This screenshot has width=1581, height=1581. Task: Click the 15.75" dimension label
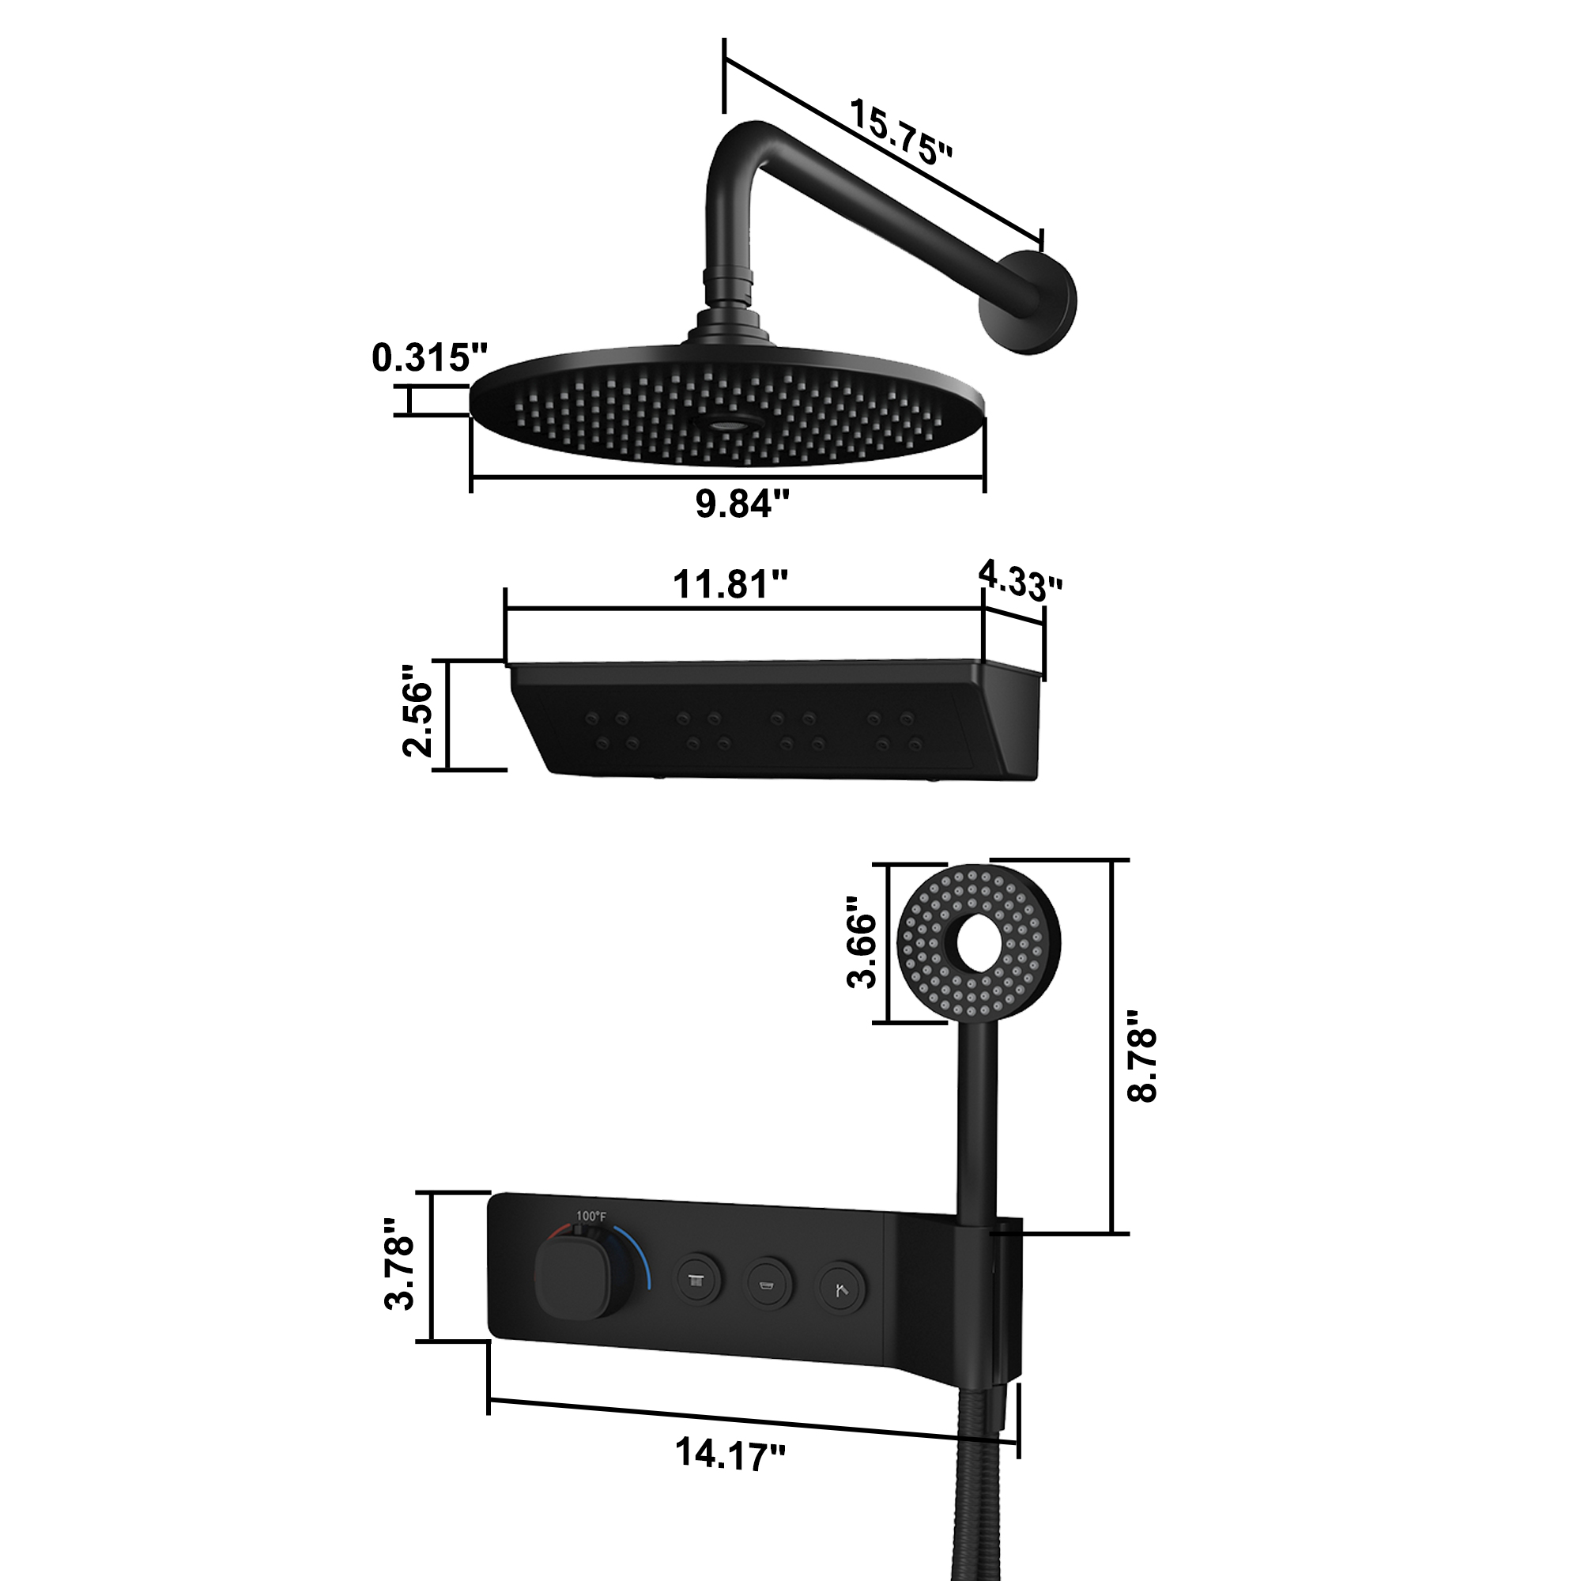coord(901,133)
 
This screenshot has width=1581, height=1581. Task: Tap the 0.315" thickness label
coord(428,357)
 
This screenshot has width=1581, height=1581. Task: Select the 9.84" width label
coord(742,503)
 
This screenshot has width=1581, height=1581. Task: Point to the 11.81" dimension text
coord(730,584)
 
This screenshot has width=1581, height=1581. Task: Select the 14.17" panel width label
coord(730,1455)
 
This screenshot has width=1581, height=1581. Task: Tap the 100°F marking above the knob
coord(591,1216)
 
